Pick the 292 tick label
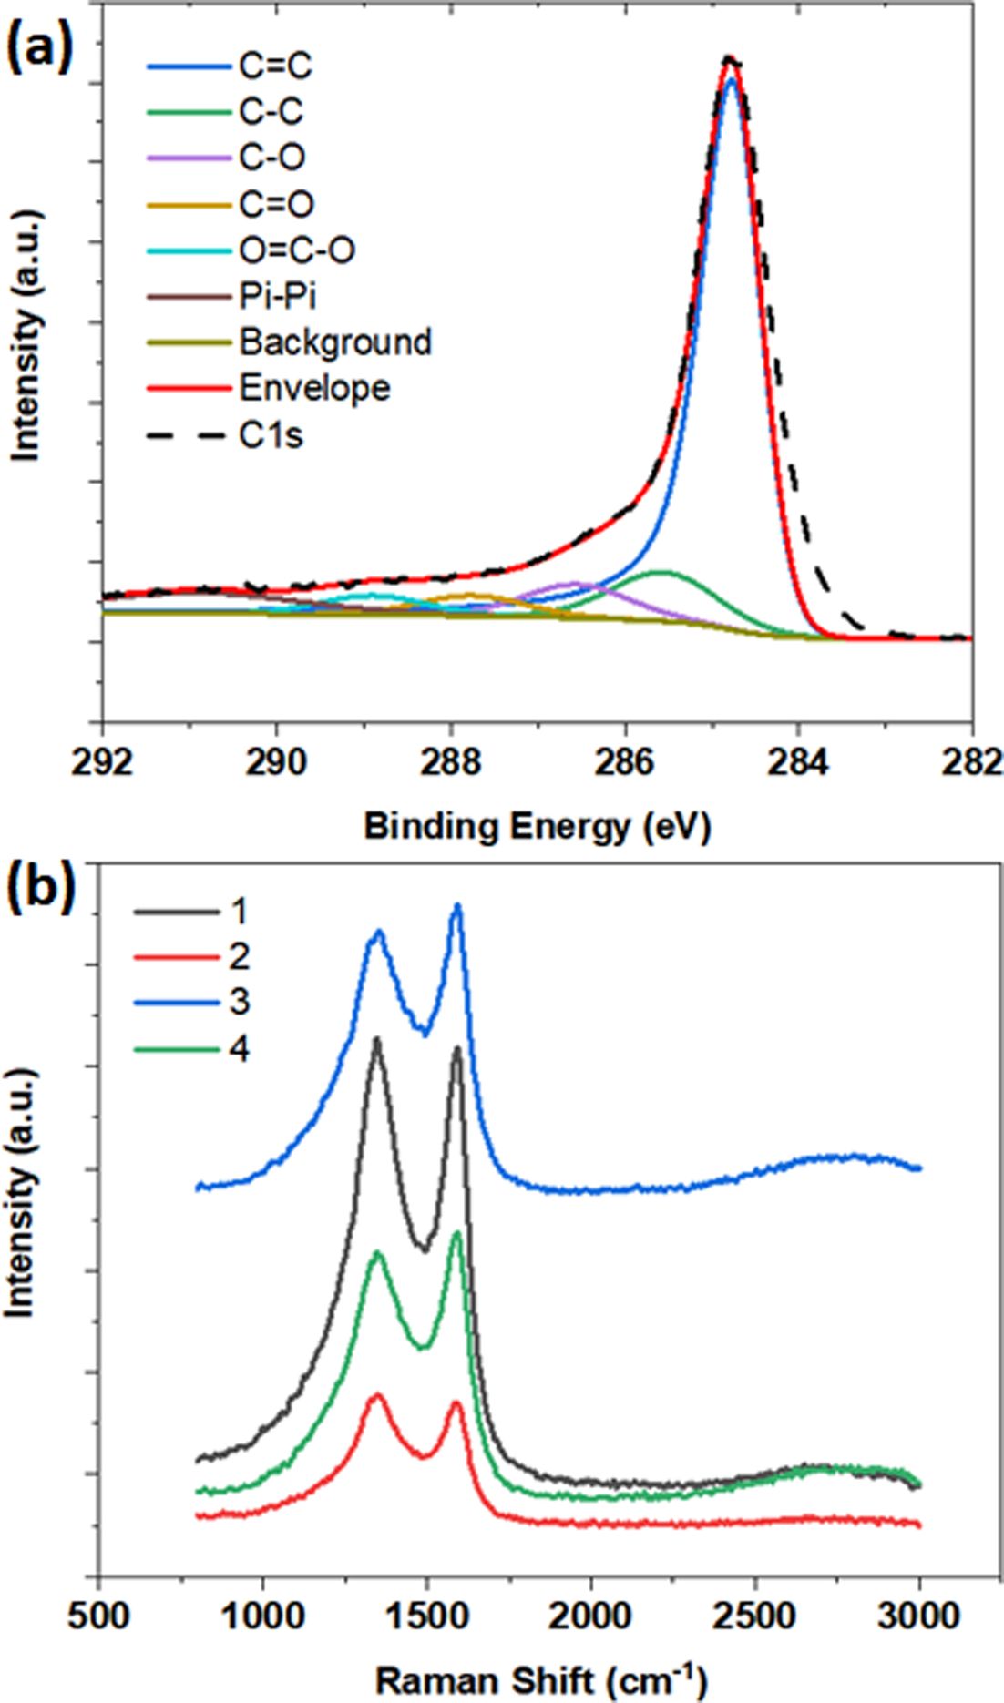point(103,763)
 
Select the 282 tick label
point(971,763)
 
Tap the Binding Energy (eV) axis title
point(538,827)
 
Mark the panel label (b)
point(41,891)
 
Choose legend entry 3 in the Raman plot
point(240,1003)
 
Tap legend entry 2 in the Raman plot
point(240,956)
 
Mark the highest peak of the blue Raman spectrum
point(457,905)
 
